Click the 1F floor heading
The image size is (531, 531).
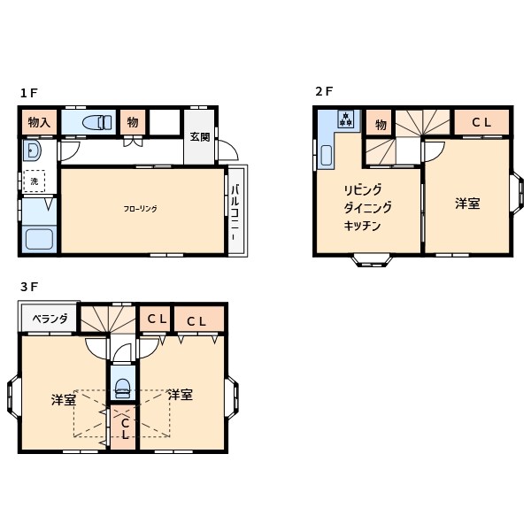(x=29, y=93)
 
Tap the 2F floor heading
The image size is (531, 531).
(x=324, y=91)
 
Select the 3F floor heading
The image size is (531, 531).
(x=29, y=288)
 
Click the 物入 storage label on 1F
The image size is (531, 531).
(x=39, y=122)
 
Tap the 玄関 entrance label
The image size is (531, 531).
(x=199, y=137)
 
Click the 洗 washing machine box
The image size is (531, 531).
(x=35, y=181)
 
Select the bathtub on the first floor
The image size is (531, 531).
(x=38, y=239)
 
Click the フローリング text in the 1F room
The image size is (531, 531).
(x=140, y=209)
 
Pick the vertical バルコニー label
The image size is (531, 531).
(x=235, y=210)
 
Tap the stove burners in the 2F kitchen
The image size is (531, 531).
(x=345, y=119)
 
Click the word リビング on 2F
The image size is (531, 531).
(x=363, y=190)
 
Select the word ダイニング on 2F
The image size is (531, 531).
(x=367, y=208)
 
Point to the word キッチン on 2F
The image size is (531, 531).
(x=362, y=226)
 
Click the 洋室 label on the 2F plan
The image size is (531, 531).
(x=467, y=204)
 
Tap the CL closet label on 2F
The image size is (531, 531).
(x=481, y=123)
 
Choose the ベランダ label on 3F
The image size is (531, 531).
(x=50, y=319)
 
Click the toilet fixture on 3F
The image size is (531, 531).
(x=123, y=386)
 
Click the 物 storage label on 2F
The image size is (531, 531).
(x=378, y=123)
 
